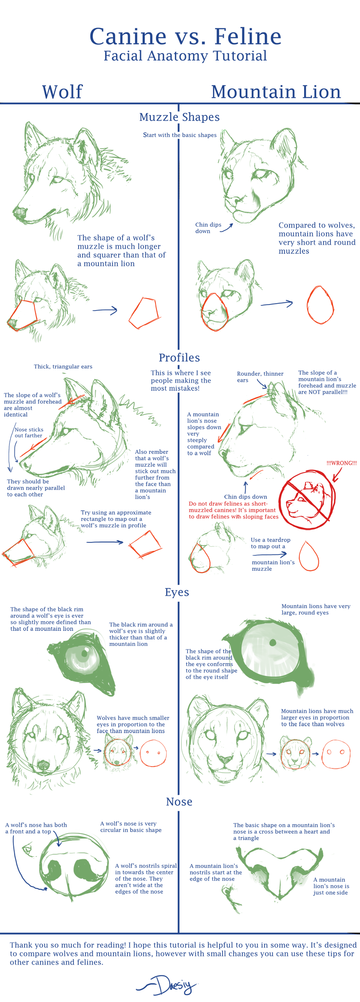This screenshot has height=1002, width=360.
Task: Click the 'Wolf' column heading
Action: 62,92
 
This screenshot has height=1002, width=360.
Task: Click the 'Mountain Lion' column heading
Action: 276,92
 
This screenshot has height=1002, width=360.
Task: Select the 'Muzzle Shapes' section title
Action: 180,117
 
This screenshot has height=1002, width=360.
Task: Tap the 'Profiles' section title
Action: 180,358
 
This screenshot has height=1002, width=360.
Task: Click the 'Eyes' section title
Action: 177,593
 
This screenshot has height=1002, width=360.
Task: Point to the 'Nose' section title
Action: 179,802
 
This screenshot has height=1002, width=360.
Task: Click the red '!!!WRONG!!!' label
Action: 342,463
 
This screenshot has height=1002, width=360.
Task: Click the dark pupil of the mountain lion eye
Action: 272,643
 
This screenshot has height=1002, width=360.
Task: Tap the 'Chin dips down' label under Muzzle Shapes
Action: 208,228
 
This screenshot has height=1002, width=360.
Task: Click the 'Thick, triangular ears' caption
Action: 63,366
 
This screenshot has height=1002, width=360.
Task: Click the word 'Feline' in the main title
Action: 248,37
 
